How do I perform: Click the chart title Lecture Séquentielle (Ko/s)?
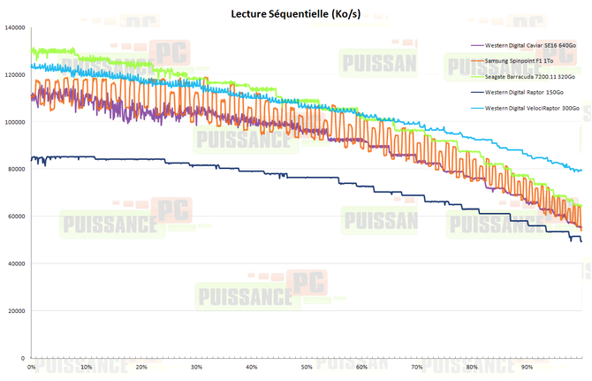[x=296, y=12]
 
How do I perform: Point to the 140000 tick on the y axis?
[x=14, y=27]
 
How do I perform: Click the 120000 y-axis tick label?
[x=14, y=75]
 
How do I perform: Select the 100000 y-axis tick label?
[x=14, y=122]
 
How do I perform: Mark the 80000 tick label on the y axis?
[x=16, y=170]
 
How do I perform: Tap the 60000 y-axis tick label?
[x=16, y=217]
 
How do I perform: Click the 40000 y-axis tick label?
[x=16, y=263]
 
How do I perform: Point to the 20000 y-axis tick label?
[x=16, y=311]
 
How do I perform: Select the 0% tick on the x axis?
[x=33, y=367]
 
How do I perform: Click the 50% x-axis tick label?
[x=307, y=367]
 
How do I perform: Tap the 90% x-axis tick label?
[x=527, y=367]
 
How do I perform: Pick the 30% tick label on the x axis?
[x=196, y=367]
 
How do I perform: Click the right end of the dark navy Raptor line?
[x=581, y=241]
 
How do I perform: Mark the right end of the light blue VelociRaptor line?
[x=581, y=170]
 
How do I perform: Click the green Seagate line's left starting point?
[x=31, y=50]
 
